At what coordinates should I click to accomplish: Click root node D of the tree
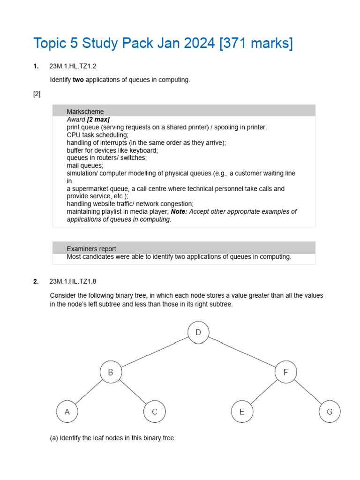point(198,332)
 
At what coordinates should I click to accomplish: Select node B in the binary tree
point(111,373)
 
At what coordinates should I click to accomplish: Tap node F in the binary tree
point(286,373)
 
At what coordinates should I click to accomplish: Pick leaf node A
point(67,412)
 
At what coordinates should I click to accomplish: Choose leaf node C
point(154,412)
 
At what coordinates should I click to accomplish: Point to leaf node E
point(242,412)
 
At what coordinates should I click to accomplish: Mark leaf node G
point(330,412)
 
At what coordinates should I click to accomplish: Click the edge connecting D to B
point(155,352)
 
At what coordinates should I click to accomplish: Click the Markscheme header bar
point(184,111)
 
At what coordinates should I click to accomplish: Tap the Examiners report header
point(184,248)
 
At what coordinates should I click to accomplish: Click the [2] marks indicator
point(37,94)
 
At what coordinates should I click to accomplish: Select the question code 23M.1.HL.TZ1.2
point(73,66)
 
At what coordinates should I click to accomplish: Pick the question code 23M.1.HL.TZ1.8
point(73,281)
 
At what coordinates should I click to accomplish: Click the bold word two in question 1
point(78,80)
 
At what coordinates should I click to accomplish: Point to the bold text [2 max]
point(98,120)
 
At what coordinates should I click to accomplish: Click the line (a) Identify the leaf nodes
point(112,438)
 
